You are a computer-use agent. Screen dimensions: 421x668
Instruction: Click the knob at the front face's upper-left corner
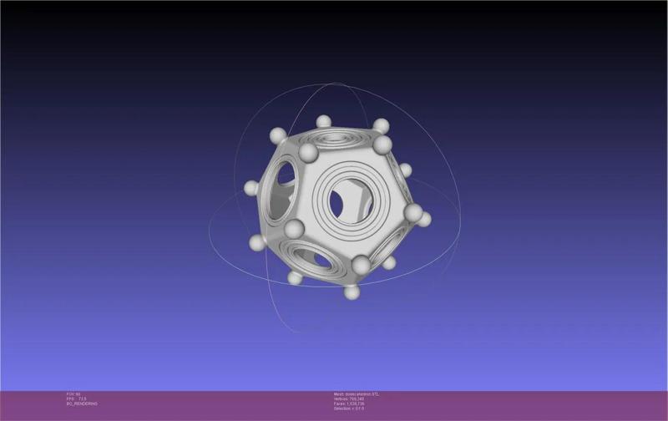tap(308, 153)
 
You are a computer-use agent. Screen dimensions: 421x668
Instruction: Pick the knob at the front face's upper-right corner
tap(382, 145)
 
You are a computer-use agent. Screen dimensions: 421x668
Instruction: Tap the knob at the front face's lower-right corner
tap(361, 266)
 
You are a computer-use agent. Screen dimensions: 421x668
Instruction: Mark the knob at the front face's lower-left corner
tap(292, 228)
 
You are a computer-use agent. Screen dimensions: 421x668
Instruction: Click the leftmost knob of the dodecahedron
tap(251, 188)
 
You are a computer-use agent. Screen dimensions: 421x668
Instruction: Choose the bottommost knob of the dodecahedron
tap(352, 292)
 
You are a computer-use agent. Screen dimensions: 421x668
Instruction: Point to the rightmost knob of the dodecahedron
tap(424, 220)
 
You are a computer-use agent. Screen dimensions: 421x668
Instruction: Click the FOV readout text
tap(73, 393)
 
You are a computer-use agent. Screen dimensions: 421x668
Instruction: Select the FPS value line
tap(77, 398)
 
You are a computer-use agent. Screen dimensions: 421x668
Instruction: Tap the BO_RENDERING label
tap(82, 403)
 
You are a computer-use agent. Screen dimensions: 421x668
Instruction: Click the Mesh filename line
tap(357, 393)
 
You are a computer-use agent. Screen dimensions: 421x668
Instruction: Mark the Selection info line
tap(348, 408)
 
